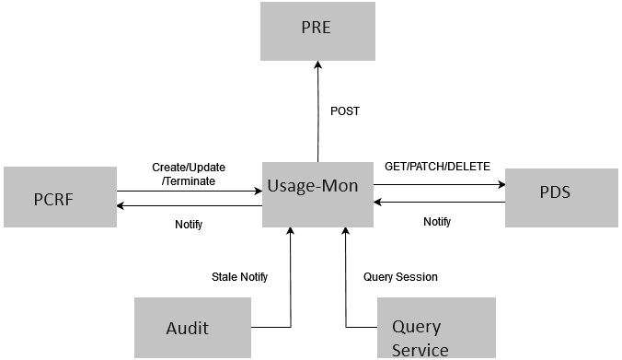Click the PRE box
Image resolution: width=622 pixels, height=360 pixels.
tap(317, 30)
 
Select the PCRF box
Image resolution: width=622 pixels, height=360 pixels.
tap(60, 196)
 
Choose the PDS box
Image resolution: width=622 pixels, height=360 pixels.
tap(561, 196)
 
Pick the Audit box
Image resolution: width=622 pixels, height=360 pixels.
tap(192, 327)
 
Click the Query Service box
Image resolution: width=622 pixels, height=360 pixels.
tap(437, 328)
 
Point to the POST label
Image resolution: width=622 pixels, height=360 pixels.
tap(345, 111)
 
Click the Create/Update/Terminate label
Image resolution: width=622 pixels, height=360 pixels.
tap(189, 174)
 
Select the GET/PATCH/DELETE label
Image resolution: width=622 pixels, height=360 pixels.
tap(437, 167)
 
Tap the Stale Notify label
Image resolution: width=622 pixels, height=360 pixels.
tap(239, 277)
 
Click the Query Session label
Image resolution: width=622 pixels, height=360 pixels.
tap(400, 277)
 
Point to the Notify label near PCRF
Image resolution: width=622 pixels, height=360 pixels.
tap(189, 224)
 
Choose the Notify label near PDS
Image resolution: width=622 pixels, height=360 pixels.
tap(437, 222)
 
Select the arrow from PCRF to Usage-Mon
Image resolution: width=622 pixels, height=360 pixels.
tap(189, 192)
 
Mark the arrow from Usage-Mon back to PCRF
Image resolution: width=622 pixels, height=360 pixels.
tap(189, 206)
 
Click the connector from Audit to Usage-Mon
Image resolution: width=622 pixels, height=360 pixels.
tap(291, 285)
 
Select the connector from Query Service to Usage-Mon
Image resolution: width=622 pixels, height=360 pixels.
tap(346, 285)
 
